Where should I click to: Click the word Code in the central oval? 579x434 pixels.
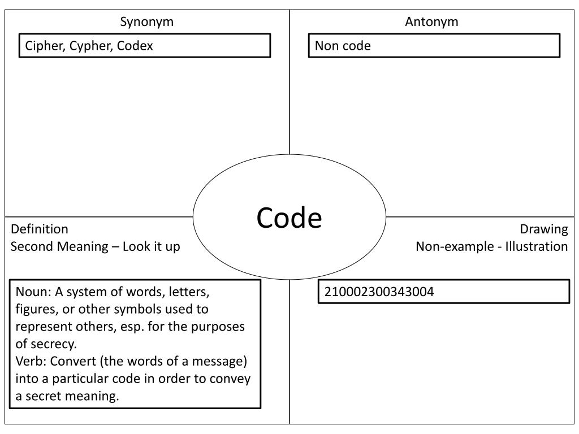point(289,218)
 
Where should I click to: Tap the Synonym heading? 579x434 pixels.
point(146,22)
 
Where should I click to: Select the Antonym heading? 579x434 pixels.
point(431,22)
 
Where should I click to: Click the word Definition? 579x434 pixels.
point(40,229)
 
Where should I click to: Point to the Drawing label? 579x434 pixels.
point(544,229)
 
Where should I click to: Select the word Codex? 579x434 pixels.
point(135,46)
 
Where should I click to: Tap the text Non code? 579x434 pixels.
point(343,46)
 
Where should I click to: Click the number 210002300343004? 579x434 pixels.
point(379,292)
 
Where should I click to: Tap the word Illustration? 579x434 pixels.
point(537,246)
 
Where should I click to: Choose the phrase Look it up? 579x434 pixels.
point(152,246)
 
